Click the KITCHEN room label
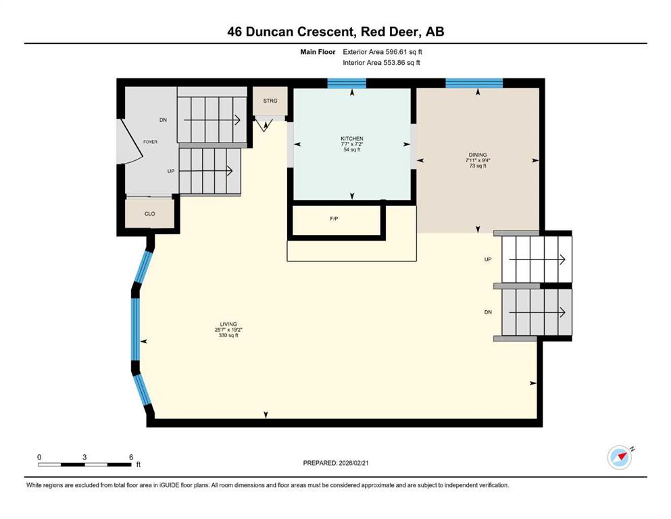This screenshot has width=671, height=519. pos(352,139)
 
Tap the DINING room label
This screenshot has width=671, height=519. pos(478,155)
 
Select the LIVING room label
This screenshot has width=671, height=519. pos(228,324)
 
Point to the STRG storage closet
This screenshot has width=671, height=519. pos(270,101)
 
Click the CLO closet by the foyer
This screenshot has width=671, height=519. pos(150,214)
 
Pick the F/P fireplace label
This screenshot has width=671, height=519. pos(334,219)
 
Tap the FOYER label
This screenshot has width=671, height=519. pos(150,142)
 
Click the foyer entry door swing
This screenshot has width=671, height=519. pos(130,141)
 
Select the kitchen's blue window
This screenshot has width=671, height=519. pos(347,83)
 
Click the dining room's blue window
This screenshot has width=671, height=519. pos(474,83)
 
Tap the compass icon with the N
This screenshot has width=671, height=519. pos(620,458)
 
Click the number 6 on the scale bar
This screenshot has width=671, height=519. pos(131,457)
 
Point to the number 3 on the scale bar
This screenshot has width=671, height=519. pos(84,457)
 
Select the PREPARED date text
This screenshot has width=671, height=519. pos(336,463)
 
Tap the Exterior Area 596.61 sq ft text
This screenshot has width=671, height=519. pos(382,52)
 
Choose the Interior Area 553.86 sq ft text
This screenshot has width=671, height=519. pos(381,62)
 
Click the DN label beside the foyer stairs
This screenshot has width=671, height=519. pos(163,120)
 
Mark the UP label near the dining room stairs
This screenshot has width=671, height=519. pos(488,259)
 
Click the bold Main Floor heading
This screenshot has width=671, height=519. pos(318,52)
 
